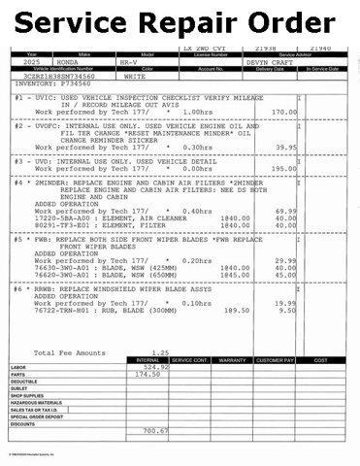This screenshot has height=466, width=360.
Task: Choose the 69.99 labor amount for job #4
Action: click(285, 211)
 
